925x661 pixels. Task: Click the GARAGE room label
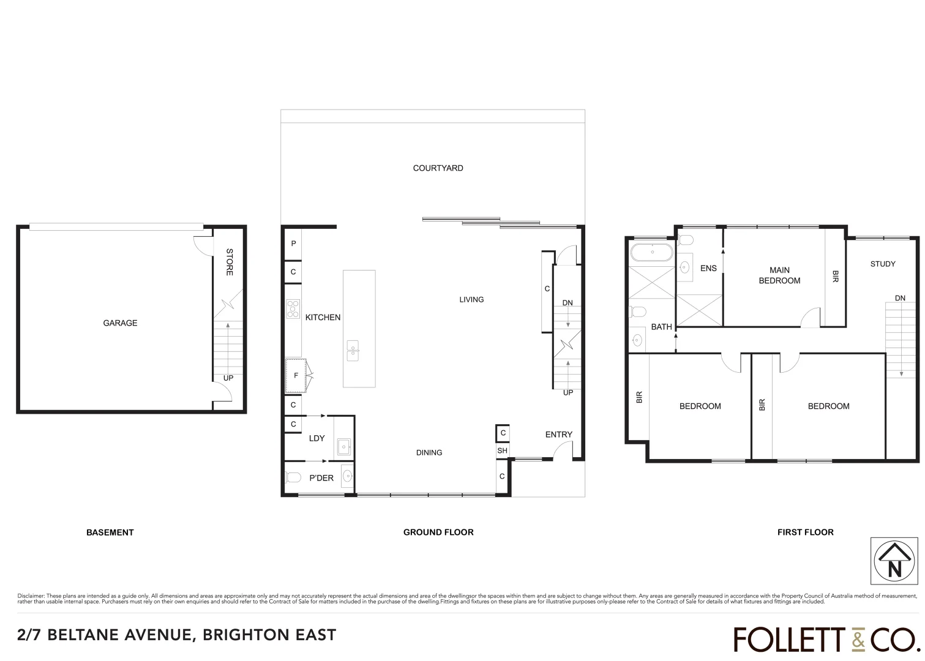pyautogui.click(x=120, y=323)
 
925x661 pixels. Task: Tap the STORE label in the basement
pyautogui.click(x=230, y=262)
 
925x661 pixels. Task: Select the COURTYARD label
pyautogui.click(x=438, y=168)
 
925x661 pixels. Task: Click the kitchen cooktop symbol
pyautogui.click(x=293, y=308)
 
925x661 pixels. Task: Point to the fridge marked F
pyautogui.click(x=296, y=375)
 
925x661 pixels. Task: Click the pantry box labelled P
pyautogui.click(x=293, y=244)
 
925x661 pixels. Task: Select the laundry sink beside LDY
pyautogui.click(x=343, y=447)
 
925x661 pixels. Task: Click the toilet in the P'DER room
pyautogui.click(x=293, y=477)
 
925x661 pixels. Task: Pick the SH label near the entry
pyautogui.click(x=502, y=451)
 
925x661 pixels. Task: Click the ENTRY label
pyautogui.click(x=558, y=435)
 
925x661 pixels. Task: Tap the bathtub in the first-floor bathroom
pyautogui.click(x=651, y=252)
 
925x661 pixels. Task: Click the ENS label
pyautogui.click(x=708, y=268)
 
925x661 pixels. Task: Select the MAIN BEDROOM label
pyautogui.click(x=779, y=275)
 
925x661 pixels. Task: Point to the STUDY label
pyautogui.click(x=882, y=264)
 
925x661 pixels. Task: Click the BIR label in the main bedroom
pyautogui.click(x=835, y=277)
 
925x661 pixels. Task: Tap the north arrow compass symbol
pyautogui.click(x=894, y=561)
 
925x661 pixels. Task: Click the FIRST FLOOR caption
pyautogui.click(x=805, y=532)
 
